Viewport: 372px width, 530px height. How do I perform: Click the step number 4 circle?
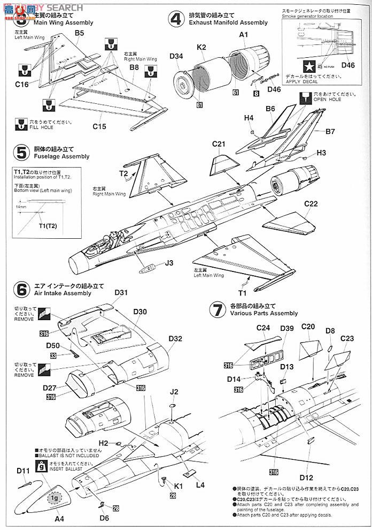(176, 20)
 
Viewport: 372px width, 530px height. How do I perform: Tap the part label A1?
(244, 34)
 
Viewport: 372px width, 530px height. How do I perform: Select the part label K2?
(201, 47)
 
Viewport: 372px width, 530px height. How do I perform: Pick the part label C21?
(220, 144)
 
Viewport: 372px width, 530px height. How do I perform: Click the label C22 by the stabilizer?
(311, 203)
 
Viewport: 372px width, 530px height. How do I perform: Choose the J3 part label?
(169, 263)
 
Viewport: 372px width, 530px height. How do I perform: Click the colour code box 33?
(53, 355)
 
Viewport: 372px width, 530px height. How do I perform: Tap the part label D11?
(23, 471)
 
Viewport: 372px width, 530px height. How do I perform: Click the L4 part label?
(200, 485)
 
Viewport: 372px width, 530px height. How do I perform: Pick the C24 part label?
(263, 327)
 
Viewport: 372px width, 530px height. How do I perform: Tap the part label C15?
(99, 126)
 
